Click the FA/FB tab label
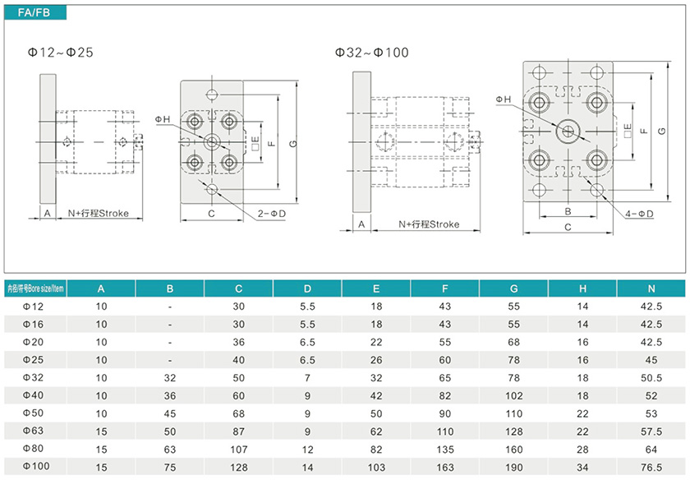[x=34, y=13]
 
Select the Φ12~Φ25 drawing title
[x=60, y=53]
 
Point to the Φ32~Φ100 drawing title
[x=371, y=53]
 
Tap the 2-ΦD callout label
[x=272, y=214]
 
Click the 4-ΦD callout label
[x=639, y=214]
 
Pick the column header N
[x=651, y=288]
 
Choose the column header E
[x=376, y=288]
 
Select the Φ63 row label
[x=33, y=431]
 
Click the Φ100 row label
[x=35, y=466]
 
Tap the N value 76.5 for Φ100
[x=651, y=467]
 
